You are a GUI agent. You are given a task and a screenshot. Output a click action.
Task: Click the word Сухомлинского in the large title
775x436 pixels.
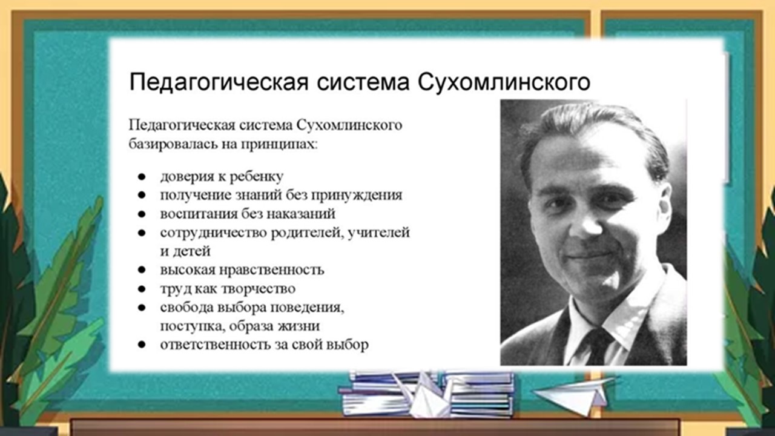click(504, 83)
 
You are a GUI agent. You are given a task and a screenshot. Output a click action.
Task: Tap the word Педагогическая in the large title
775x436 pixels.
click(219, 83)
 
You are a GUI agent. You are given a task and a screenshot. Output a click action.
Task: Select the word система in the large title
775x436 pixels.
click(363, 83)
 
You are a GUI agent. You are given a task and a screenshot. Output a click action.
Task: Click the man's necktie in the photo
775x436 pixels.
click(597, 346)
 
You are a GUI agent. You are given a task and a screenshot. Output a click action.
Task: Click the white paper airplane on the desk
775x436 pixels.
click(572, 396)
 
